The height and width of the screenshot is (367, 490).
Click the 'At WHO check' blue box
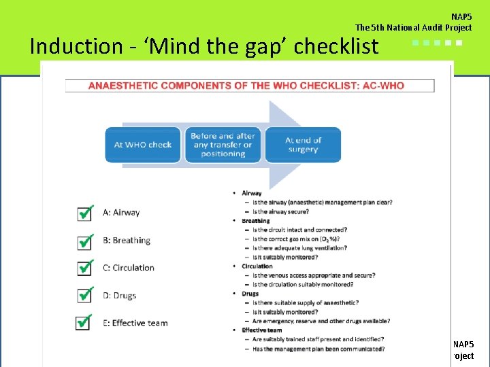[143, 145]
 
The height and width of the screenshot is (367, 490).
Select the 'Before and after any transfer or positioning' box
[222, 145]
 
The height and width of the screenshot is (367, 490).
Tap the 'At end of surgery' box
[303, 145]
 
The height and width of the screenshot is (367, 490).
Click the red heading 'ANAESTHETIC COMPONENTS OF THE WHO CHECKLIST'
[246, 86]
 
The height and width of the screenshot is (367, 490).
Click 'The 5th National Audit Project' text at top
[413, 28]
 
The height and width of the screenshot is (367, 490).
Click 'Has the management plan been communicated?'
[318, 349]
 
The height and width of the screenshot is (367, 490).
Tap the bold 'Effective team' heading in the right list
[261, 330]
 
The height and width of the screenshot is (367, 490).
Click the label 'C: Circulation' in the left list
[129, 268]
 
